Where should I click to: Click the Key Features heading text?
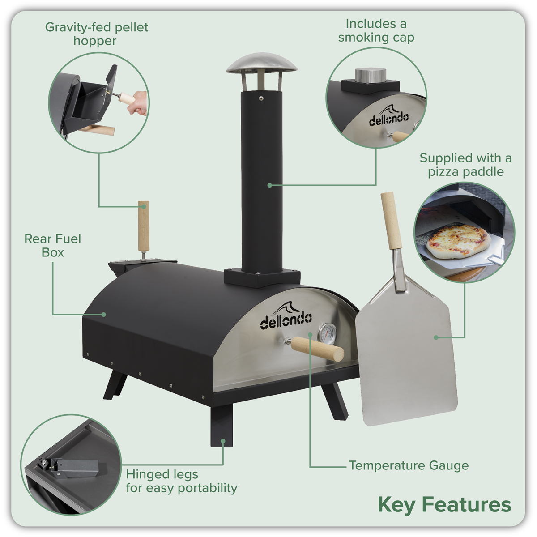pyautogui.click(x=444, y=504)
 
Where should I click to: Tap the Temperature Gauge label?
pyautogui.click(x=409, y=465)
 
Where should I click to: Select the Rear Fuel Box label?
pyautogui.click(x=53, y=245)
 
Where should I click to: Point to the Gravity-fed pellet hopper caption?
pyautogui.click(x=96, y=34)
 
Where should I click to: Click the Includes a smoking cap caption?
pyautogui.click(x=376, y=30)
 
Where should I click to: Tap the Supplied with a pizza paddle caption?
pyautogui.click(x=465, y=165)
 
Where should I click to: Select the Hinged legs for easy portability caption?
pyautogui.click(x=181, y=481)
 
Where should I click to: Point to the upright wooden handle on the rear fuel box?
pyautogui.click(x=143, y=226)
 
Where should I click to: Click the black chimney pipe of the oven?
pyautogui.click(x=261, y=179)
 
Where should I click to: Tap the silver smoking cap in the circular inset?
pyautogui.click(x=368, y=75)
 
